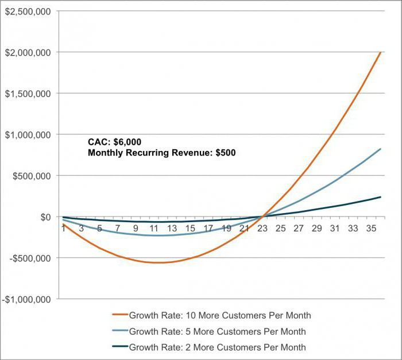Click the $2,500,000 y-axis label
click(x=27, y=11)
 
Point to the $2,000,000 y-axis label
click(x=27, y=52)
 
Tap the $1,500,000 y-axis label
click(x=27, y=94)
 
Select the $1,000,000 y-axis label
click(x=27, y=134)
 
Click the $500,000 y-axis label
click(x=30, y=176)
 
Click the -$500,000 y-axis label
click(x=29, y=258)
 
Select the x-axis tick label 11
click(x=154, y=229)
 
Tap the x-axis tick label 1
click(x=63, y=229)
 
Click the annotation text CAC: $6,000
click(x=114, y=142)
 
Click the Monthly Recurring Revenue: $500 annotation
click(x=161, y=153)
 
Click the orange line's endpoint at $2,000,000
click(x=380, y=52)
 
